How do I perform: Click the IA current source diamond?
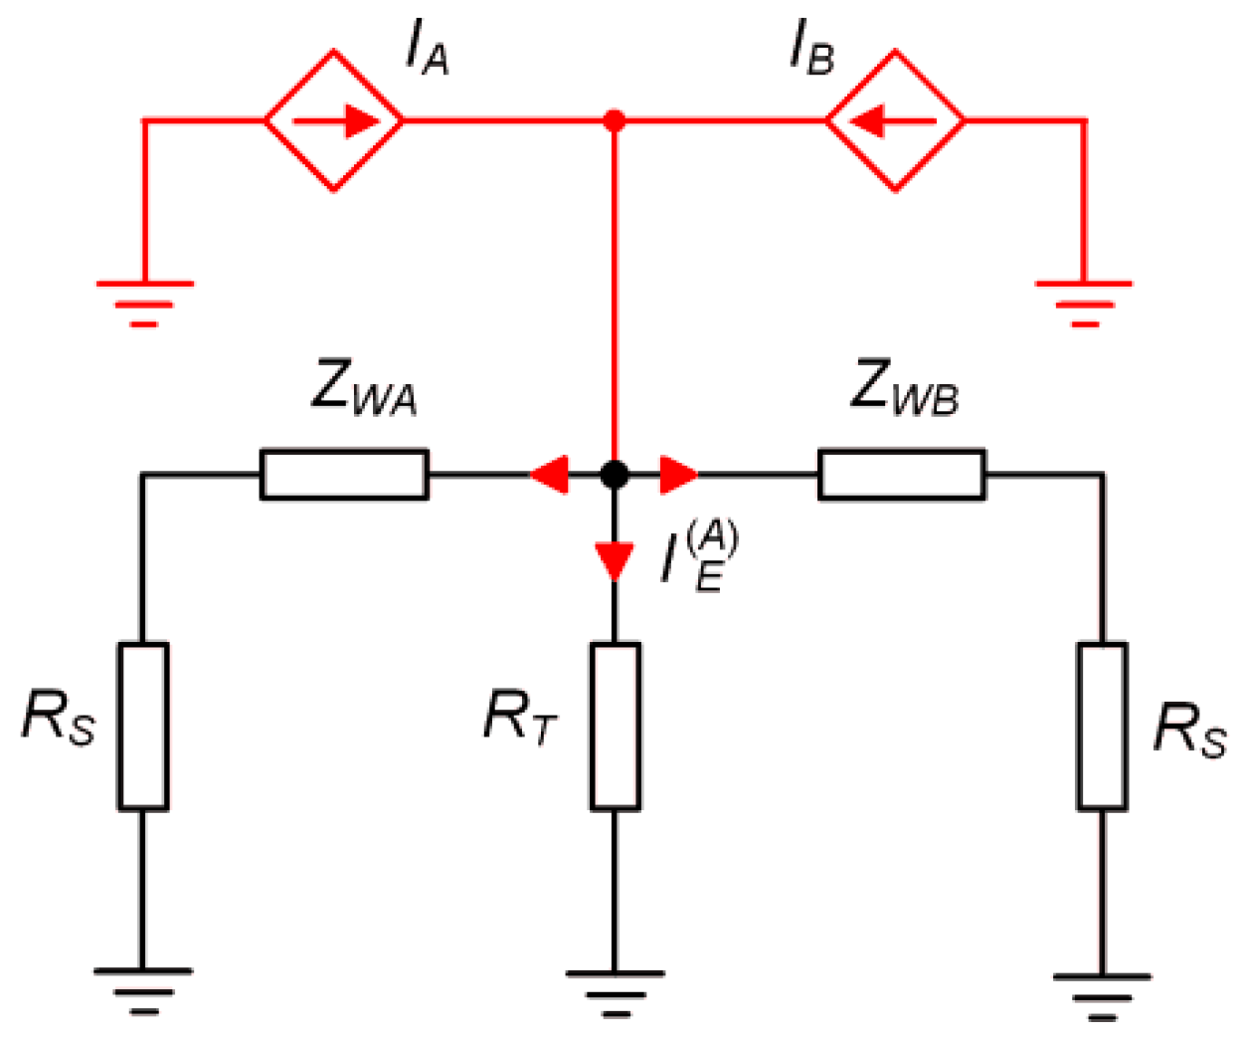pyautogui.click(x=334, y=120)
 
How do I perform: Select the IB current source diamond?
pyautogui.click(x=895, y=120)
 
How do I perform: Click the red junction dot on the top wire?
pyautogui.click(x=615, y=120)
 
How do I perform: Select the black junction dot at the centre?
pyautogui.click(x=615, y=475)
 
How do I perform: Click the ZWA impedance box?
pyautogui.click(x=344, y=475)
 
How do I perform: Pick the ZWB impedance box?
pyautogui.click(x=901, y=475)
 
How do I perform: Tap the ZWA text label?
pyautogui.click(x=363, y=387)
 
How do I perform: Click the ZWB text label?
pyautogui.click(x=904, y=387)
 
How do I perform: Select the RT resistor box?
pyautogui.click(x=615, y=726)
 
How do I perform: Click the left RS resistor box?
pyautogui.click(x=143, y=726)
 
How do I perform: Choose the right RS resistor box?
pyautogui.click(x=1102, y=726)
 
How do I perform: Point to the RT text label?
pyautogui.click(x=519, y=717)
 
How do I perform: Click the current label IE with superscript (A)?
pyautogui.click(x=700, y=558)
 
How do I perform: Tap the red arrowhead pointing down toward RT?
pyautogui.click(x=615, y=560)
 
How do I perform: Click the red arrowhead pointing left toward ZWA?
pyautogui.click(x=550, y=475)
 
